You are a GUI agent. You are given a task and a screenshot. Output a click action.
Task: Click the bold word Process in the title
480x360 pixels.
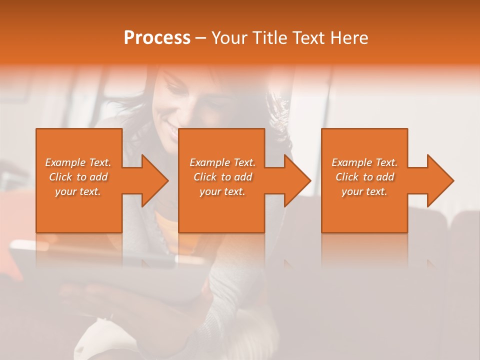[x=157, y=38]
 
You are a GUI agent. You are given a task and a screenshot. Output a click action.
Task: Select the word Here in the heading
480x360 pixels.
[x=349, y=38]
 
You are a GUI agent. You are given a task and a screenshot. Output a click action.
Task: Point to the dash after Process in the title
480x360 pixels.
[x=201, y=38]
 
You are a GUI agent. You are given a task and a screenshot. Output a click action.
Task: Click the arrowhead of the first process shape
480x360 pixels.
[x=152, y=180]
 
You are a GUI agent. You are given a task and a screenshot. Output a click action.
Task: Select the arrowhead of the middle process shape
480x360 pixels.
[x=295, y=180]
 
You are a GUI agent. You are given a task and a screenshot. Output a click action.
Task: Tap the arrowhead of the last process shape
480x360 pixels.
[x=438, y=180]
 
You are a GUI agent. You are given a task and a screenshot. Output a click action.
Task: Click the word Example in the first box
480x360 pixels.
[x=65, y=162]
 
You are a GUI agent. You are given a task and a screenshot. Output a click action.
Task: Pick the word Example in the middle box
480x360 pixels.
[x=209, y=162]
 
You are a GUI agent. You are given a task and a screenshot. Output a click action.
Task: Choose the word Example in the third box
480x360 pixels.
[x=351, y=162]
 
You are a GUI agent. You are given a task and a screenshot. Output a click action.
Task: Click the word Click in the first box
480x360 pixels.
[x=60, y=177]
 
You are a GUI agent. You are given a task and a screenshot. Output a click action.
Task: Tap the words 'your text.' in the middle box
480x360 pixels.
[x=222, y=191]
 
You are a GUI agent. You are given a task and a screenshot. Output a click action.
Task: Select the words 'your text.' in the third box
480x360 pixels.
[x=364, y=191]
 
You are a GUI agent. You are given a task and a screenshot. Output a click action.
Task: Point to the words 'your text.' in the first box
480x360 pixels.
[x=78, y=191]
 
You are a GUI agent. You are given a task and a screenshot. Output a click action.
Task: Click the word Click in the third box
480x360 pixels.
[x=347, y=177]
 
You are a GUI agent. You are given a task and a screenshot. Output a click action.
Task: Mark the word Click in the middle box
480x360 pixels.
[x=205, y=177]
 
